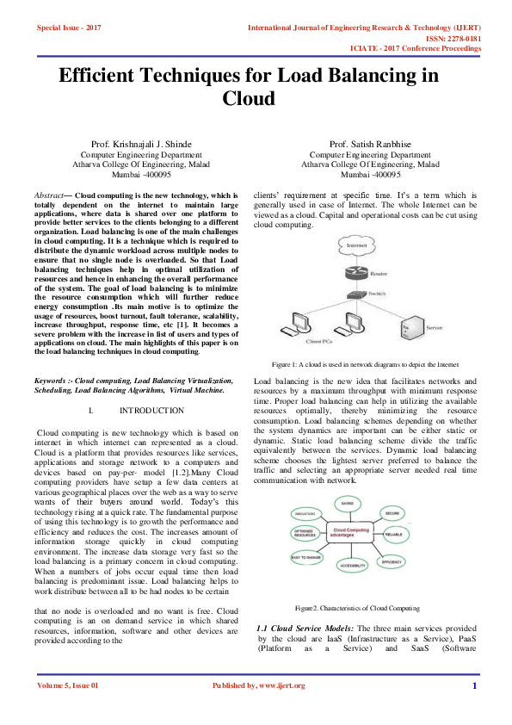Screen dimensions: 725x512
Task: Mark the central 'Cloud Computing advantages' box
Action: tap(351, 535)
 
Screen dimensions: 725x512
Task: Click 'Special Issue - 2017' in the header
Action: tap(69, 28)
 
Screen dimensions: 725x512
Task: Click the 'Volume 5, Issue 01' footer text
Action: tap(68, 685)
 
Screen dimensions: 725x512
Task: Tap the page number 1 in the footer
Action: tap(474, 685)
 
